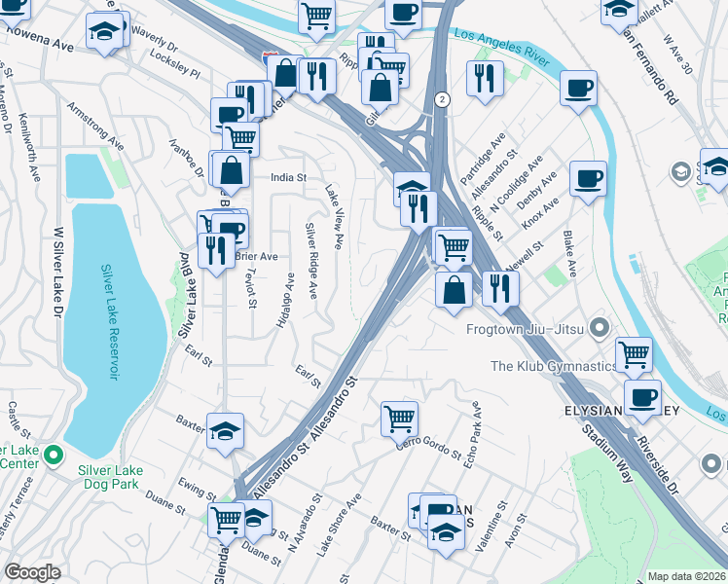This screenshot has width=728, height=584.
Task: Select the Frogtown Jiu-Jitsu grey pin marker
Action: coord(599,327)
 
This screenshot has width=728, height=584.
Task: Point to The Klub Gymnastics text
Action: coord(554,366)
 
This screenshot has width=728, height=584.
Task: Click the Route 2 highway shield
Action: coord(443,99)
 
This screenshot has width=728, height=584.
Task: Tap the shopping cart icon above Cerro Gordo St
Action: coord(399,419)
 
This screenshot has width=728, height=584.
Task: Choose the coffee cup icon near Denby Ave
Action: coord(588,180)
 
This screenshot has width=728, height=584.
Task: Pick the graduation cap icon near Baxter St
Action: coord(225,431)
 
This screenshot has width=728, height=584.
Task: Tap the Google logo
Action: coord(32,572)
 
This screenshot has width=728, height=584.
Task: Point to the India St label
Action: coord(288,178)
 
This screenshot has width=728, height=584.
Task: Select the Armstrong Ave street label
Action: coord(94,123)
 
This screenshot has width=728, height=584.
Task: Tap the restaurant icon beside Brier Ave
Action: coord(213,250)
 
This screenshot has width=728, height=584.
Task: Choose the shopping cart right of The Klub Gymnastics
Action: coord(634,353)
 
